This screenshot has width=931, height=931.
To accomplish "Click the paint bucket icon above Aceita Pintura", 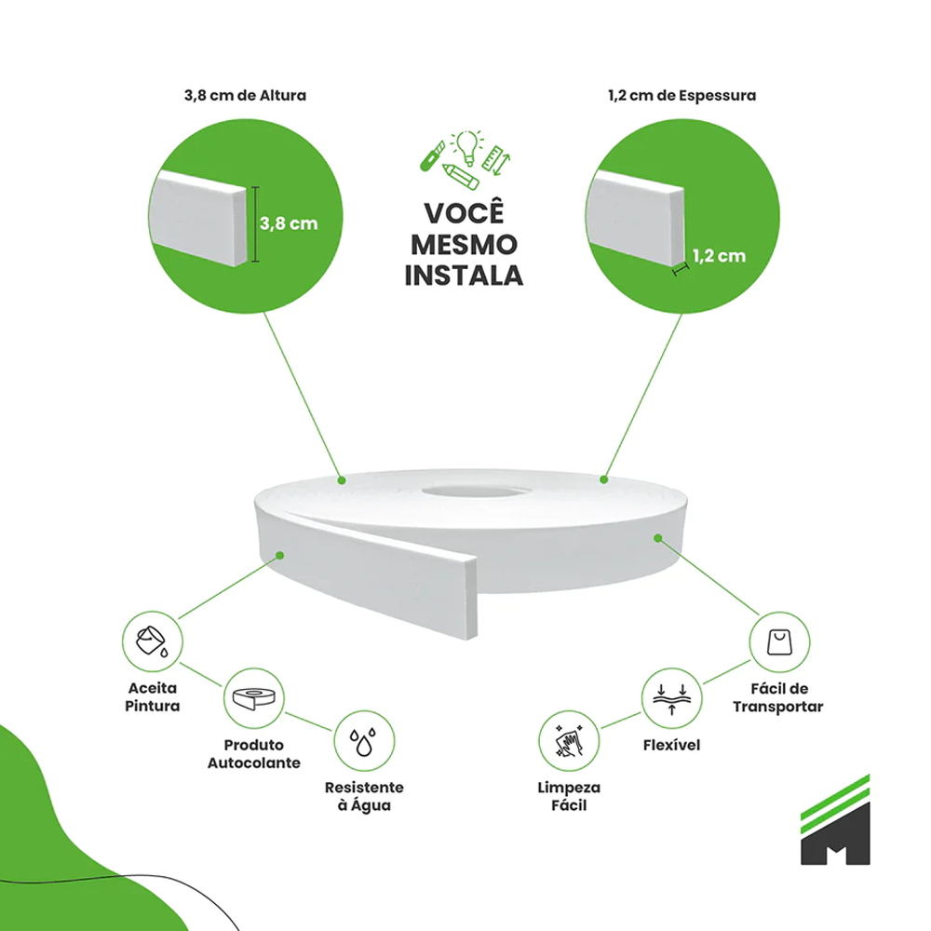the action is (x=152, y=641).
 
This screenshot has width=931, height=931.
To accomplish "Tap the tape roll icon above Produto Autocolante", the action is (x=254, y=698).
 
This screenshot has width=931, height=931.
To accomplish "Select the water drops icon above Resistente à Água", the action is (x=363, y=742).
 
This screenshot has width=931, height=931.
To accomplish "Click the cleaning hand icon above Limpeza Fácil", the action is (x=568, y=741).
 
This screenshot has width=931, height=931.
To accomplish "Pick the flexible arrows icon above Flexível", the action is (x=671, y=699).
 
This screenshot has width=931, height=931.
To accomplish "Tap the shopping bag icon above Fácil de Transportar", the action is (x=779, y=641).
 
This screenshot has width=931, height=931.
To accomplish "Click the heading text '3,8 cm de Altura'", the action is (x=245, y=95).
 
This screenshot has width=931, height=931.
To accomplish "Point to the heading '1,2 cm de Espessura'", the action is (x=681, y=95).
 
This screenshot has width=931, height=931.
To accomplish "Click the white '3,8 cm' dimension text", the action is (x=289, y=223).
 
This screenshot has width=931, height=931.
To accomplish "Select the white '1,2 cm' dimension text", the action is (x=719, y=256).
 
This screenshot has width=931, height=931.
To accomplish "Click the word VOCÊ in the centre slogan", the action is (x=465, y=212).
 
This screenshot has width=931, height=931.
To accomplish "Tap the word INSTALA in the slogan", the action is (x=464, y=276).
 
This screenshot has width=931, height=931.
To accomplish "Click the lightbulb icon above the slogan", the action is (x=467, y=147).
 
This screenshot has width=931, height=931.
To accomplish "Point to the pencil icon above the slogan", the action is (x=461, y=176).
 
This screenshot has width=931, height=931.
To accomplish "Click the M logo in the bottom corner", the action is (x=835, y=819).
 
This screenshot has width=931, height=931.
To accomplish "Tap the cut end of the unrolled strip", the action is (x=470, y=598).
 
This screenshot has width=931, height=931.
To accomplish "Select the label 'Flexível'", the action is (x=671, y=745).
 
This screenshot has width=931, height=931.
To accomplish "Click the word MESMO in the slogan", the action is (x=465, y=245).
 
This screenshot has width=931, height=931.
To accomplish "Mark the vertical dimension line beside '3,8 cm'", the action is (x=255, y=223).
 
